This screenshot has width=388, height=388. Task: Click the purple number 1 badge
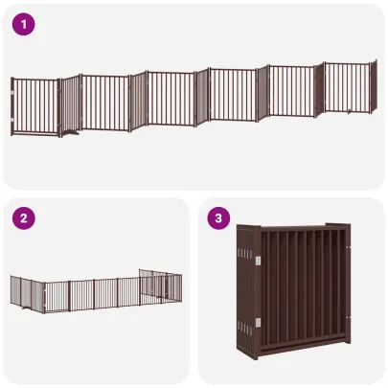23,24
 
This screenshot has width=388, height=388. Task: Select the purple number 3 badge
219,219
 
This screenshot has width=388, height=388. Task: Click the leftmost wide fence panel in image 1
37,106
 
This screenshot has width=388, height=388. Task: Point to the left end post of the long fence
11,107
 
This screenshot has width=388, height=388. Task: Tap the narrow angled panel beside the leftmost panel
71,103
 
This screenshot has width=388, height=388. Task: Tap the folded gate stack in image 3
291,297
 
